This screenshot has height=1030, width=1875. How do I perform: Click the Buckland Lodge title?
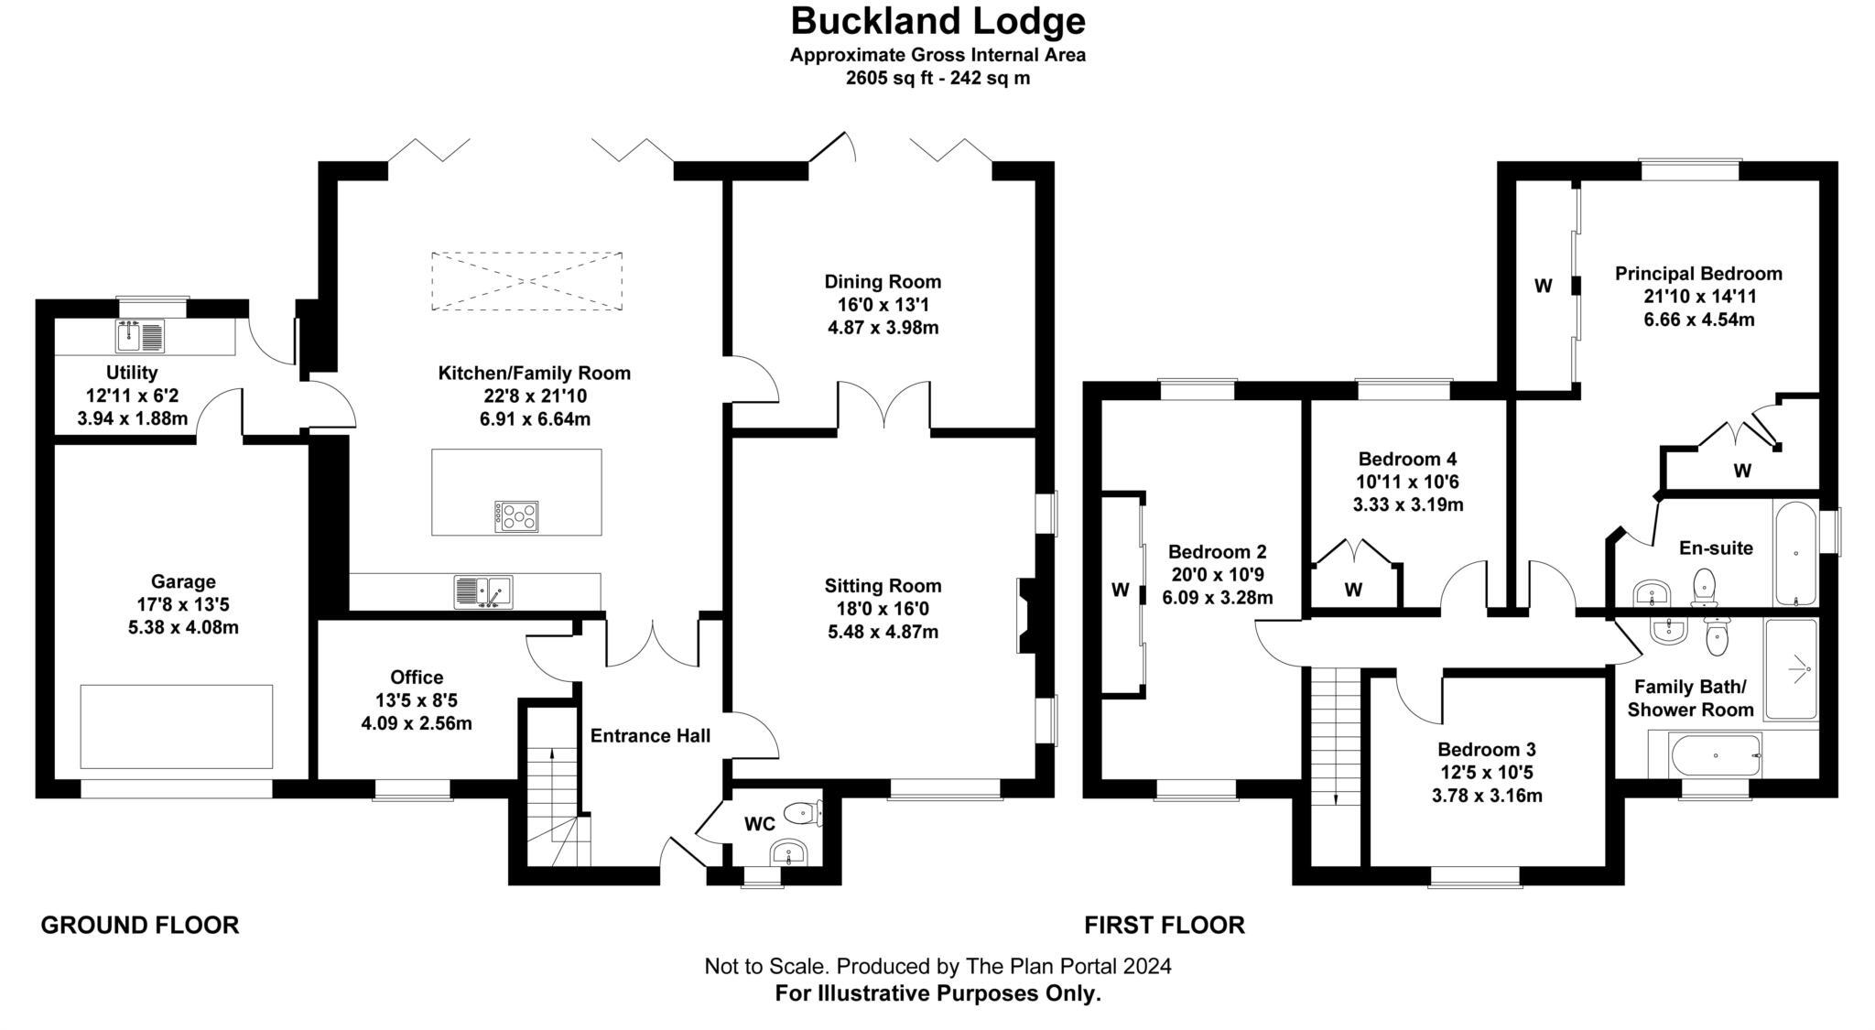click(937, 20)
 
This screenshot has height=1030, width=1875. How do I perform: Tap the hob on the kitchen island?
click(516, 516)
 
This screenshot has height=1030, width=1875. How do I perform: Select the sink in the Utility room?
click(140, 336)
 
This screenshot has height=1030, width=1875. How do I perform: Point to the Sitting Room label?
click(883, 586)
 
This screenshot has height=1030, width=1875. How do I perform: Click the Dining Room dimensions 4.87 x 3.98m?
click(883, 328)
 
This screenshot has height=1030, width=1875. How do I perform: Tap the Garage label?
click(183, 581)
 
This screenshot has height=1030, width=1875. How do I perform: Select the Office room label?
click(417, 677)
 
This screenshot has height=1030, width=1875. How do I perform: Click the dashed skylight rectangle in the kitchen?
click(526, 281)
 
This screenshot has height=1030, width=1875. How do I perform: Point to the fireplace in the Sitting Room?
click(1026, 615)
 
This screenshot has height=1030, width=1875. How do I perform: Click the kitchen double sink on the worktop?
click(482, 591)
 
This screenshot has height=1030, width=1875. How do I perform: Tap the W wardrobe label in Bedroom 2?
click(1120, 591)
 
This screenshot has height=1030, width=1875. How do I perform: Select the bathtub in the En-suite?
click(1794, 553)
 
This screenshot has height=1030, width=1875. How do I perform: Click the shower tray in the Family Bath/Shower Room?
click(1791, 668)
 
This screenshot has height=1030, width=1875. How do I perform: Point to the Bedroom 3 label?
click(1486, 749)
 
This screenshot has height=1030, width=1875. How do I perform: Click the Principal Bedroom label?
click(1698, 274)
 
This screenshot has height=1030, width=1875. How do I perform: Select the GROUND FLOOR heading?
click(140, 925)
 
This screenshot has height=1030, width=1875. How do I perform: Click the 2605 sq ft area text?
click(937, 78)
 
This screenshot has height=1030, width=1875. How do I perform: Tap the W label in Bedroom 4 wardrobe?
click(1353, 591)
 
